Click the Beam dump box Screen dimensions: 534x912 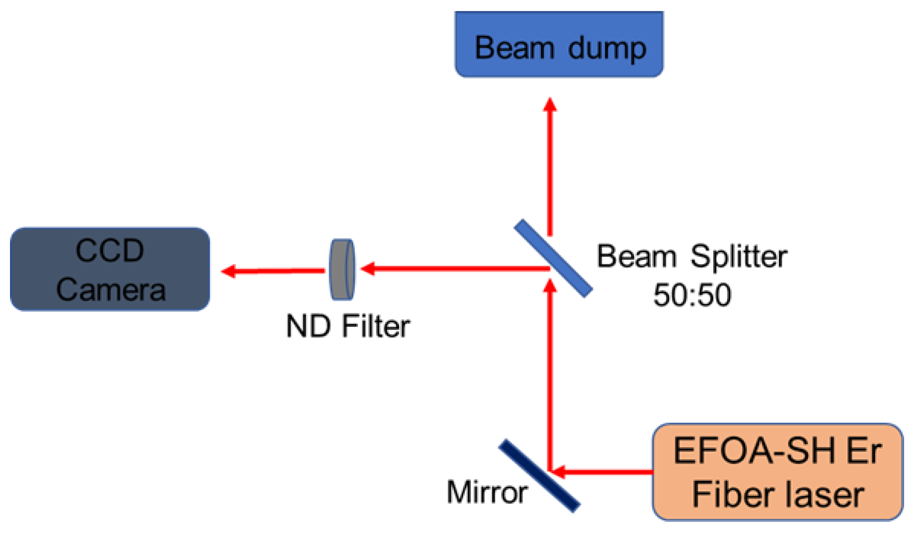click(558, 44)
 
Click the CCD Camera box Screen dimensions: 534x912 click(110, 269)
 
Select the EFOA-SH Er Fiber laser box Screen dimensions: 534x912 click(777, 471)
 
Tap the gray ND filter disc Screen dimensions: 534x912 click(342, 270)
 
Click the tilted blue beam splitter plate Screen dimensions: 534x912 click(553, 258)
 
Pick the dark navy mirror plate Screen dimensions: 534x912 click(539, 476)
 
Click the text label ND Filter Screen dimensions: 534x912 click(347, 326)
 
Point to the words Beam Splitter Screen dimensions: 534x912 click(691, 256)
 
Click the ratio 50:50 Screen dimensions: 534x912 click(691, 295)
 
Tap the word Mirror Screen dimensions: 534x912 click(487, 492)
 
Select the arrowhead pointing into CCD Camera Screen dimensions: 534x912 click(229, 271)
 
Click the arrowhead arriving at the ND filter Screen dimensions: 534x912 click(368, 269)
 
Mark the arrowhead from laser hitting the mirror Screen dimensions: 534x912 click(557, 471)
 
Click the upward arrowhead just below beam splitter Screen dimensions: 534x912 click(550, 285)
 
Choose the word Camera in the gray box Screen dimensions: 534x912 click(111, 290)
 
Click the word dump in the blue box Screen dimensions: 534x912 click(607, 49)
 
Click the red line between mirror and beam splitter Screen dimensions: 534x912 click(550, 378)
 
